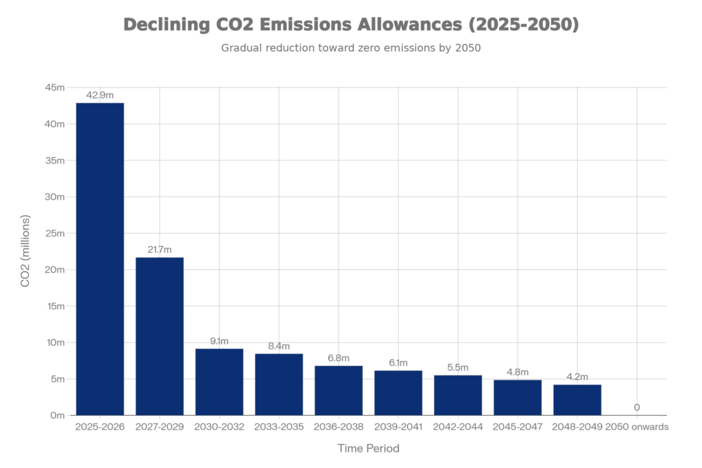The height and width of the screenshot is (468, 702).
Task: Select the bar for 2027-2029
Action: click(x=159, y=336)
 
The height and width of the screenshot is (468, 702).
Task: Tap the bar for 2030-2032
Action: click(x=219, y=382)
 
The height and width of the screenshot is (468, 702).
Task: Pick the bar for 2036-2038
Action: click(x=338, y=390)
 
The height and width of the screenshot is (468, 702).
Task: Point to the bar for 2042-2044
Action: click(x=457, y=395)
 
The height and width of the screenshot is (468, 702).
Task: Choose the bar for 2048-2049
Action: click(x=577, y=399)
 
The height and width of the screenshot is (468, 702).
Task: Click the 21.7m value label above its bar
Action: click(x=159, y=250)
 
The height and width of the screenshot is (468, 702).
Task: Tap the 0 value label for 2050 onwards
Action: click(x=637, y=408)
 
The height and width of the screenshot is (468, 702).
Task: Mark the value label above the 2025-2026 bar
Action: click(x=99, y=96)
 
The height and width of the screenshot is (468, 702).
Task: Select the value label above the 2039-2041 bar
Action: click(x=398, y=363)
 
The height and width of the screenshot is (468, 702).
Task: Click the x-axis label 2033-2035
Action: click(x=278, y=426)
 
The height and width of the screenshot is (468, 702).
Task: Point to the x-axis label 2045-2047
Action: click(x=517, y=426)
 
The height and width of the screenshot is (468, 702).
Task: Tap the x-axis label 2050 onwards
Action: click(x=638, y=426)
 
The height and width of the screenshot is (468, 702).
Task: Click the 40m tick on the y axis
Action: click(x=55, y=124)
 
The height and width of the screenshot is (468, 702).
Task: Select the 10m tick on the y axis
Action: click(x=55, y=343)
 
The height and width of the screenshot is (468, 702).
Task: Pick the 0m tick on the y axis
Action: click(x=57, y=415)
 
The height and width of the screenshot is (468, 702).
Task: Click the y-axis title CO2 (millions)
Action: click(x=26, y=251)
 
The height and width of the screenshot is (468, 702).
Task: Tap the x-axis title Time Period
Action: click(x=368, y=448)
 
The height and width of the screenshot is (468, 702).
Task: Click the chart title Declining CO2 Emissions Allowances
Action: click(x=351, y=26)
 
